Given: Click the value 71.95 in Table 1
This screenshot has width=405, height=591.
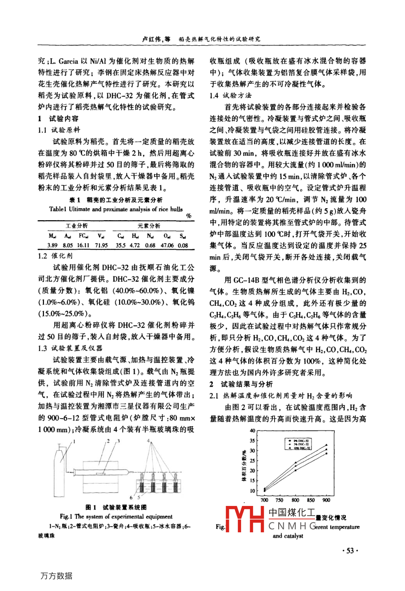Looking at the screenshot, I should pyautogui.click(x=100, y=245).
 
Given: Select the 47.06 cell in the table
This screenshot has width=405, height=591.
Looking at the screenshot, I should pyautogui.click(x=167, y=245).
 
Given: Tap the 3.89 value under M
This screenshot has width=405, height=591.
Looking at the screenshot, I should pyautogui.click(x=52, y=245).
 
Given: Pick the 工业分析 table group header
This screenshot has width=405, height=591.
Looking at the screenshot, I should pyautogui.click(x=77, y=226).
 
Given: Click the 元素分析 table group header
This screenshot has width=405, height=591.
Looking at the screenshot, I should pyautogui.click(x=149, y=226).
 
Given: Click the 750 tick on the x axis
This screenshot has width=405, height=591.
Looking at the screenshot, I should pyautogui.click(x=279, y=500).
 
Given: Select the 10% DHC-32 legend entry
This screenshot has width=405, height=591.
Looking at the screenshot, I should pyautogui.click(x=301, y=448).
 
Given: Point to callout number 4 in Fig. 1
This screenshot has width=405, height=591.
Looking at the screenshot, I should pyautogui.click(x=148, y=441).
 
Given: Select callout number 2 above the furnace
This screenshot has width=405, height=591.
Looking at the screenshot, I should pyautogui.click(x=108, y=441).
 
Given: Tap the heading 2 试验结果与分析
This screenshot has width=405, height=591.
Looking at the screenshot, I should pyautogui.click(x=241, y=384).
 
